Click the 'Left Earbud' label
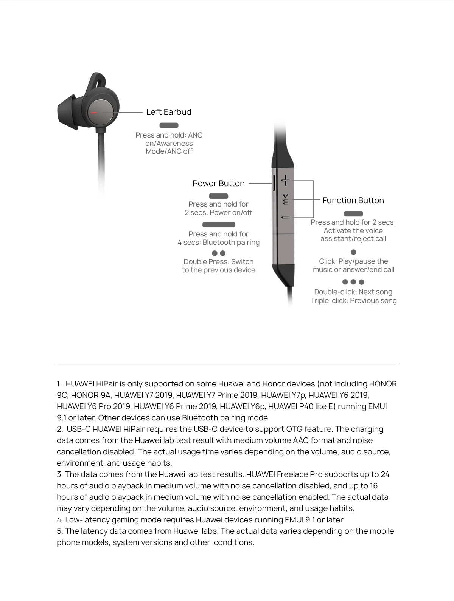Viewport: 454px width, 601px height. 169,112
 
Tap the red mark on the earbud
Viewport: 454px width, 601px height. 94,113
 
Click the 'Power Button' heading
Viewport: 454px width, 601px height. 218,184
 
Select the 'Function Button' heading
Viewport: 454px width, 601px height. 353,201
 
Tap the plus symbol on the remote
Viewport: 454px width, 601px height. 286,181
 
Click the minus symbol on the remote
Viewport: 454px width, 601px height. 286,218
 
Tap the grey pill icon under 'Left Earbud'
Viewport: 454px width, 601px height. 169,125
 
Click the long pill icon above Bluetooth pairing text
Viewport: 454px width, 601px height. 219,225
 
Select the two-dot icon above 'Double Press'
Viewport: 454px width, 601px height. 219,253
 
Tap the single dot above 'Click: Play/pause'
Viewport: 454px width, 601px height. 353,252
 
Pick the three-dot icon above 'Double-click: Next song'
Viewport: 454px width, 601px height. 353,282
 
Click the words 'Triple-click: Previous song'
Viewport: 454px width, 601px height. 353,301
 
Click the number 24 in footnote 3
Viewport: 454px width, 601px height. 385,474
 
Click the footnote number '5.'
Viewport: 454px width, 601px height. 60,531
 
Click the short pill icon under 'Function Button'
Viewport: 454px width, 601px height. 353,214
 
